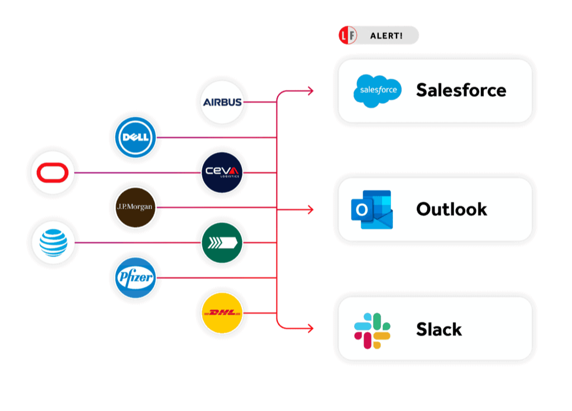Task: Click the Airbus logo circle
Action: pos(222,102)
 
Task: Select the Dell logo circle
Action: pos(136,137)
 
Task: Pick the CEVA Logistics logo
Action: pos(222,172)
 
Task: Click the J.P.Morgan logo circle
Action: pos(136,207)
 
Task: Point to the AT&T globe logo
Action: pos(53,243)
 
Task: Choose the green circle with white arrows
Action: pos(222,243)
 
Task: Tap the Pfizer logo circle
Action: pos(136,277)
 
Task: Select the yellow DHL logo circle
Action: pos(222,313)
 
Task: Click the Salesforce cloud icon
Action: pos(378,91)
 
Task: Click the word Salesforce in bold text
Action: pos(461,91)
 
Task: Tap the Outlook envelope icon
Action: pos(373,210)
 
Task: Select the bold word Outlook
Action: pos(451,210)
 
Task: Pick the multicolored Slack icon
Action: pos(373,330)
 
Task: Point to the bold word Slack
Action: pos(439,330)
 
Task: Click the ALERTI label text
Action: pos(386,36)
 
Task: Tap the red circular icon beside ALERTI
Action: pos(348,36)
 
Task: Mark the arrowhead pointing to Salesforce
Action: pos(310,91)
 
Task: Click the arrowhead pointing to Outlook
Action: pos(310,210)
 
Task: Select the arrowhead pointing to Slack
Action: pos(310,329)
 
